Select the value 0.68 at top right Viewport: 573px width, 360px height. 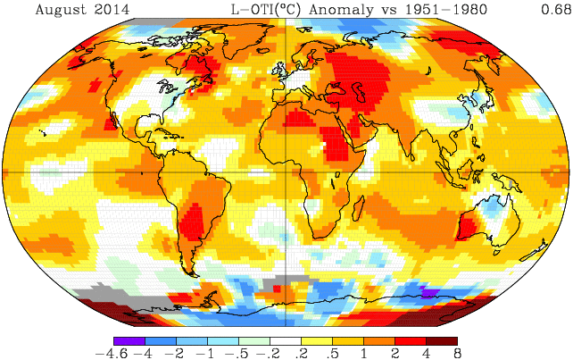point(546,11)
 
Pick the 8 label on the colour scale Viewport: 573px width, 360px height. point(456,354)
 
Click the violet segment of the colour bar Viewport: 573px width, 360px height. point(129,340)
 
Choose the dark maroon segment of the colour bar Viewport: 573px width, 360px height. point(442,340)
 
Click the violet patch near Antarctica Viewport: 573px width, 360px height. point(429,292)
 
